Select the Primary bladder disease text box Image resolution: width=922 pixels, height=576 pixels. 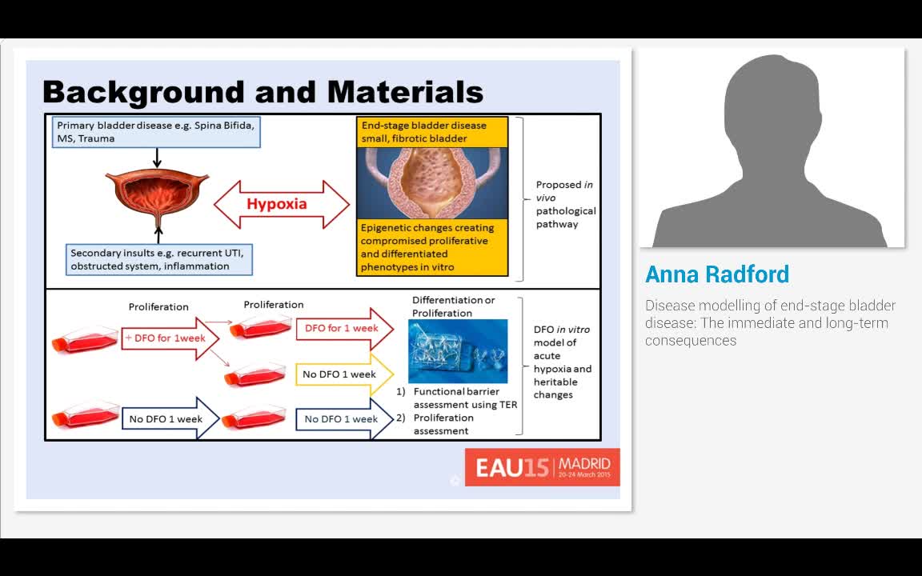pyautogui.click(x=157, y=132)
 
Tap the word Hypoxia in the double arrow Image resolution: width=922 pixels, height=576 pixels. pyautogui.click(x=277, y=204)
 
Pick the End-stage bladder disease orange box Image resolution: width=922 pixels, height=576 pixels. pyautogui.click(x=432, y=132)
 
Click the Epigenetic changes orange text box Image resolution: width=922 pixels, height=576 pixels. pyautogui.click(x=432, y=247)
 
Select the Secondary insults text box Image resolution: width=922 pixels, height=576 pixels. pyautogui.click(x=160, y=260)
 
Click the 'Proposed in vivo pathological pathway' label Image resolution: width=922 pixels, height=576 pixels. pyautogui.click(x=565, y=204)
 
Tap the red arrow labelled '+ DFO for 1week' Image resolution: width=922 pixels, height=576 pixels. pyautogui.click(x=168, y=338)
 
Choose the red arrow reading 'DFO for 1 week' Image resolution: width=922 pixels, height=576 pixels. pyautogui.click(x=343, y=329)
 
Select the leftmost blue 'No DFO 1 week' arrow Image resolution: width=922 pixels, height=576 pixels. pyautogui.click(x=167, y=419)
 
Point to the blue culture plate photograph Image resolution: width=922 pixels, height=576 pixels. pyautogui.click(x=458, y=351)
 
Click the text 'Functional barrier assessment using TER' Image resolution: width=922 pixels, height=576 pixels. pyautogui.click(x=464, y=398)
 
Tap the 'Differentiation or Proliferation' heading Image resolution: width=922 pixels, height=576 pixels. pyautogui.click(x=453, y=306)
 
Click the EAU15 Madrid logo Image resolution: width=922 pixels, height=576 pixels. pyautogui.click(x=542, y=467)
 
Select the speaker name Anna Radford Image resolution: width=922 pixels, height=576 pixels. pyautogui.click(x=717, y=274)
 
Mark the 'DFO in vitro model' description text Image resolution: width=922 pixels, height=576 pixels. pyautogui.click(x=562, y=362)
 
